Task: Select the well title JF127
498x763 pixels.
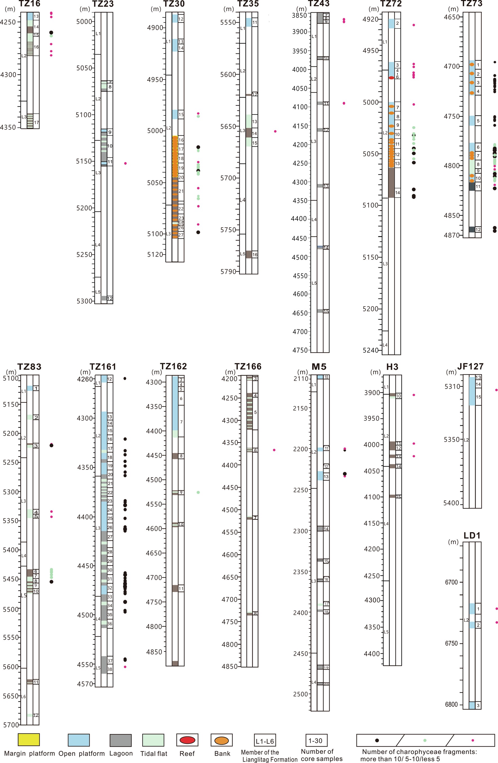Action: [470, 366]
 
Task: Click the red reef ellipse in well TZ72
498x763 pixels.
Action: [391, 78]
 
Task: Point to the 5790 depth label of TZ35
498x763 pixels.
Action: [228, 272]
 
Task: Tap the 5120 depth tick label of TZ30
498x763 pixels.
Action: [155, 254]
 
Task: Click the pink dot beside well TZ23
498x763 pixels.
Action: [125, 163]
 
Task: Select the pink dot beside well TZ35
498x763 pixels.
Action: [275, 131]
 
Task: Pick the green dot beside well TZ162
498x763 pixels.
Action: [198, 492]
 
